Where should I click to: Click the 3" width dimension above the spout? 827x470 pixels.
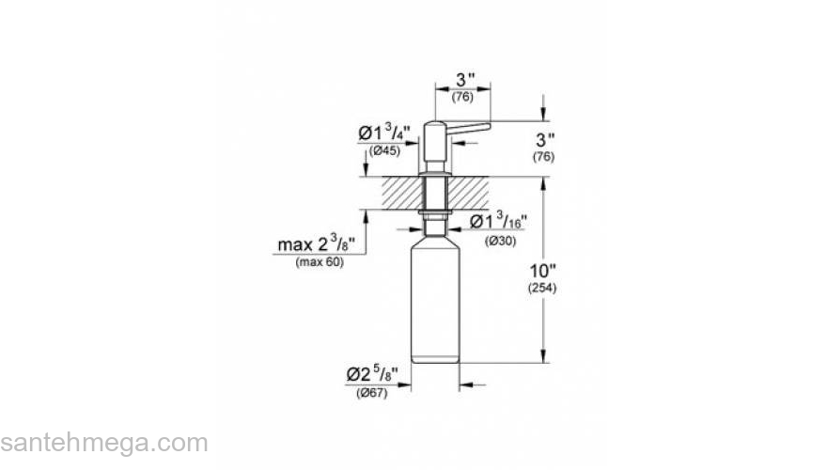click(462, 81)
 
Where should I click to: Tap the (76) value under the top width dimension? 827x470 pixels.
click(462, 97)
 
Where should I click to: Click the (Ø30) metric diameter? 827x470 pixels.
click(498, 241)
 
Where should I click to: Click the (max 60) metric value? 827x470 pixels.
click(320, 262)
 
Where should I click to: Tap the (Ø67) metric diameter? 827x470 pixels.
click(373, 393)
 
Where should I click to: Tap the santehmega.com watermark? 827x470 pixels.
click(103, 443)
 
